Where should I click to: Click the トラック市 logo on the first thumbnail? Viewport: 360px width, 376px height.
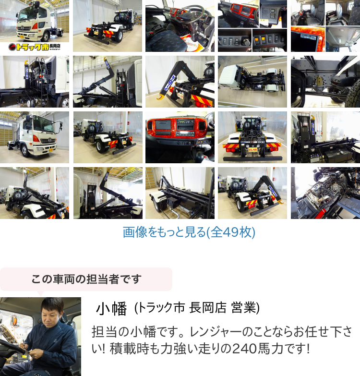click(x=34, y=47)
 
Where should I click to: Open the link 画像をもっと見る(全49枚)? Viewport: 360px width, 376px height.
click(x=189, y=232)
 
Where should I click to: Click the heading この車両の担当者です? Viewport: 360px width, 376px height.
click(x=86, y=279)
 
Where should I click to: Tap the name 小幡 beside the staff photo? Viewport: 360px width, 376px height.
click(x=111, y=308)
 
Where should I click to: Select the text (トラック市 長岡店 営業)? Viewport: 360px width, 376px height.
click(x=197, y=308)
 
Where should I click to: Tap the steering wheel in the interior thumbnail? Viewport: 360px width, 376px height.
click(x=192, y=14)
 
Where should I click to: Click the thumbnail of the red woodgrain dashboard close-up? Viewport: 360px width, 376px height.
click(x=180, y=137)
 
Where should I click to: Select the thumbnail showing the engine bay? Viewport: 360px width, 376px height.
click(x=325, y=193)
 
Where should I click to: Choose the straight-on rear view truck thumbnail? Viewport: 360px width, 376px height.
click(x=252, y=137)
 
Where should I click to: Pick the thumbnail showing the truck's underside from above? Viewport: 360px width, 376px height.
click(x=252, y=82)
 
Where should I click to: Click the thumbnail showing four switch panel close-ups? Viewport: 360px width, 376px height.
click(x=252, y=26)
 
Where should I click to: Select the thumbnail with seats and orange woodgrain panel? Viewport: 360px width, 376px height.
click(x=325, y=26)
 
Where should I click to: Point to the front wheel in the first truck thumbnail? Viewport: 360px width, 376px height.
click(x=45, y=36)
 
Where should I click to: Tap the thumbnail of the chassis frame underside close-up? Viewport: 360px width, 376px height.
click(x=325, y=82)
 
